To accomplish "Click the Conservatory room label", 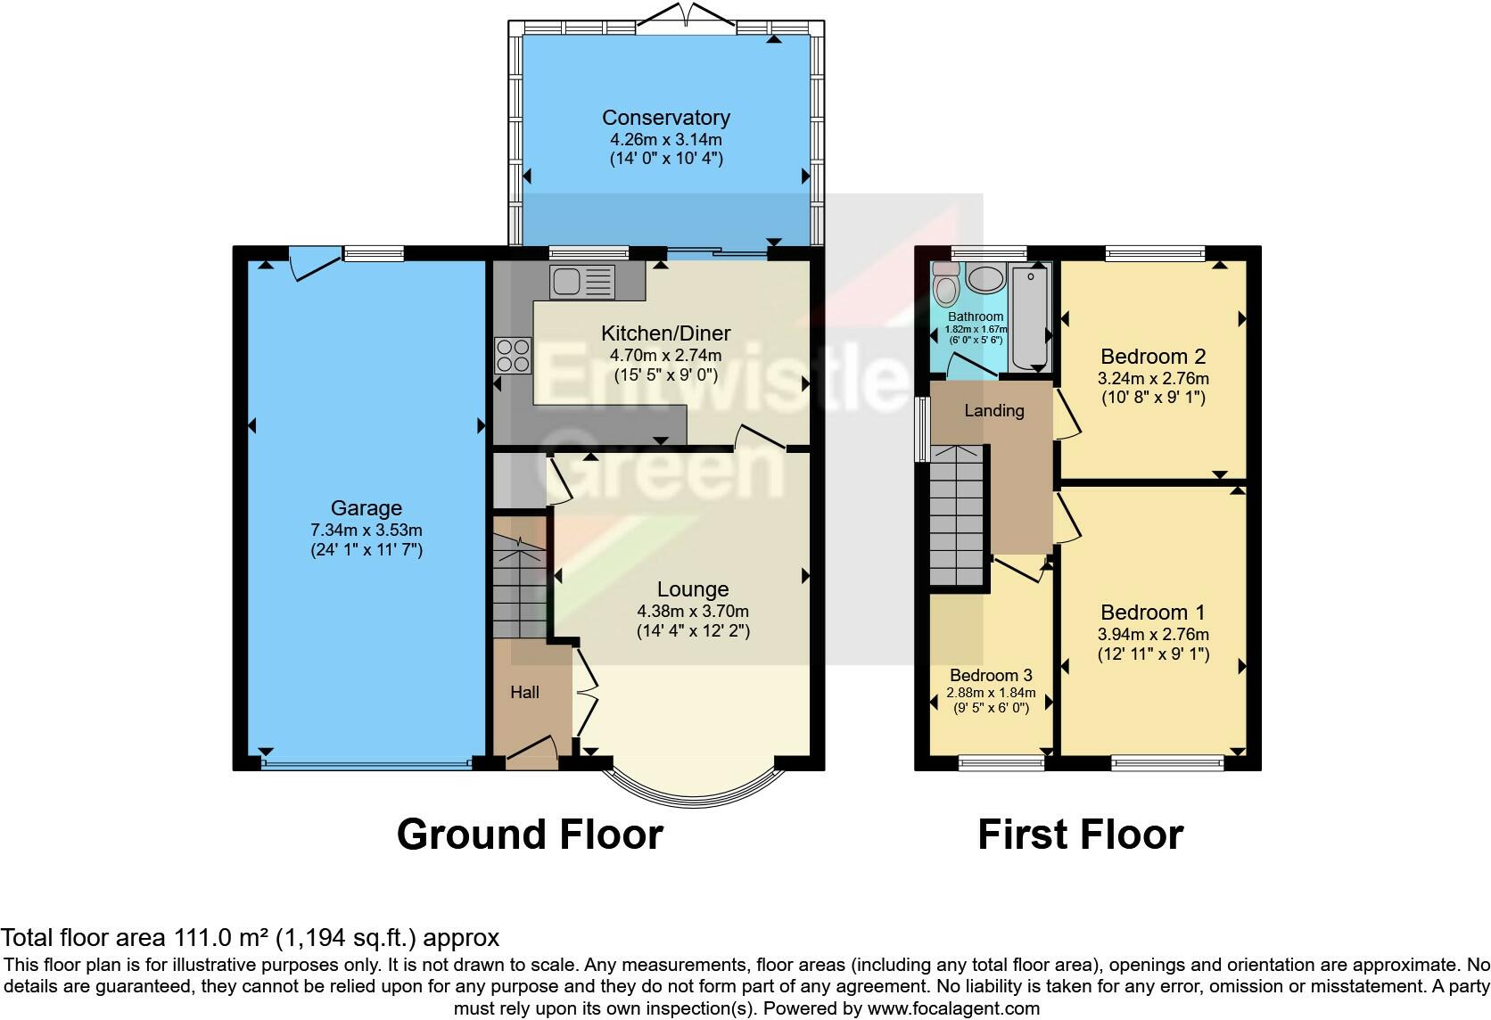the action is pyautogui.click(x=665, y=118).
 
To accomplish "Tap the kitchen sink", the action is pyautogui.click(x=582, y=282).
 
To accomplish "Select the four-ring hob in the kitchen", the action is pyautogui.click(x=513, y=355).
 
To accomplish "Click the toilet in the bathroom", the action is pyautogui.click(x=945, y=284).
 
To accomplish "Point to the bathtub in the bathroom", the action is pyautogui.click(x=1030, y=317).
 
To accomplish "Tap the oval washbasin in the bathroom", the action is pyautogui.click(x=985, y=279).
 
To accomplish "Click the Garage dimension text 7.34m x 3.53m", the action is pyautogui.click(x=367, y=531).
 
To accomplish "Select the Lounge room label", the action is pyautogui.click(x=693, y=589).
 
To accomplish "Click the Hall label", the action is pyautogui.click(x=524, y=693).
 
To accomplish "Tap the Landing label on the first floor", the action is pyautogui.click(x=993, y=411).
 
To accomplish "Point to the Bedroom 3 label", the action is pyautogui.click(x=991, y=675).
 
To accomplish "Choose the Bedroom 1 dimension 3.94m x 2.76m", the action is pyautogui.click(x=1154, y=635).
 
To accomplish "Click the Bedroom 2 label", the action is pyautogui.click(x=1153, y=357).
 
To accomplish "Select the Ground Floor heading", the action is pyautogui.click(x=530, y=835).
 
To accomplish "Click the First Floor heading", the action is pyautogui.click(x=1080, y=835).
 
